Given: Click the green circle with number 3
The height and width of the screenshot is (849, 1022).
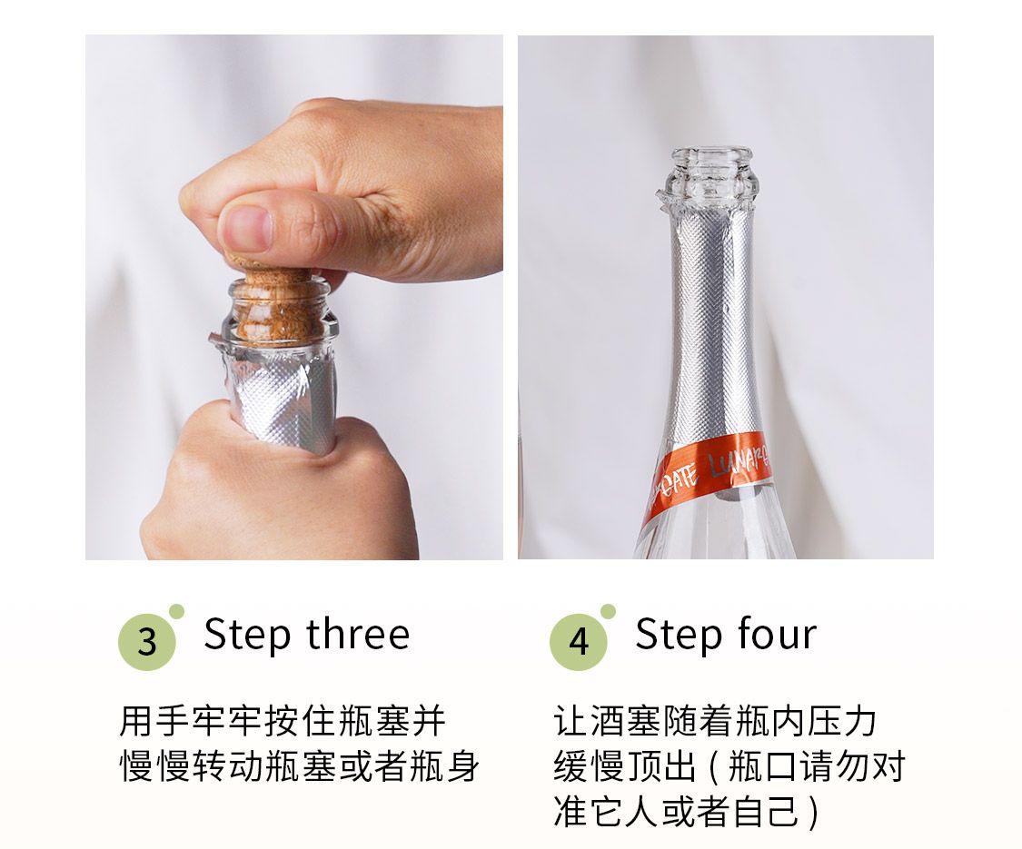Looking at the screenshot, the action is tap(147, 641).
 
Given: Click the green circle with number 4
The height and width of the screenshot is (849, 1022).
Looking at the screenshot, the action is tap(579, 641).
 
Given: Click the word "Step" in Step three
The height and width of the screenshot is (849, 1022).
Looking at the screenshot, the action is tap(247, 636).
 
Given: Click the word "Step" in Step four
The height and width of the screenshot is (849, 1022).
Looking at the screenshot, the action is tap(679, 636).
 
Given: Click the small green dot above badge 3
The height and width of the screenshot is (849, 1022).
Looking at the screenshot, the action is tap(176, 612).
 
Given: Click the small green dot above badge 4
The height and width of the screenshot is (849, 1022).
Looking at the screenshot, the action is tap(608, 612).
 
